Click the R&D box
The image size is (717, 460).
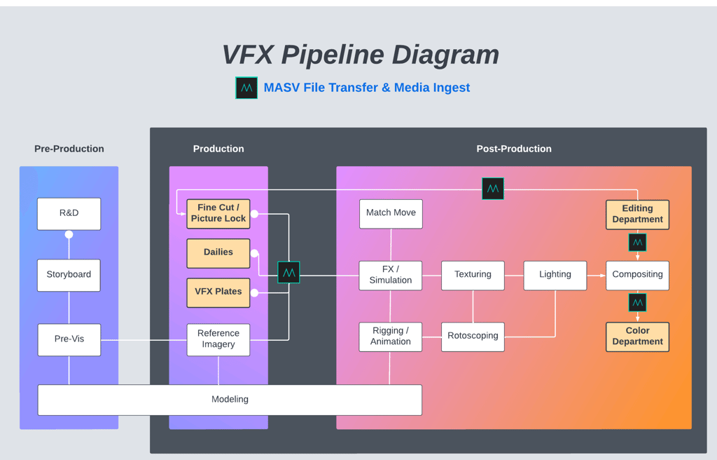[69, 213]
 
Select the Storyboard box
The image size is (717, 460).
[69, 274]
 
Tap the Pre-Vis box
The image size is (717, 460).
[69, 339]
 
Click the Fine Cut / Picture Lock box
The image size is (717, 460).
[218, 213]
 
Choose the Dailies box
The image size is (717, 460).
[218, 252]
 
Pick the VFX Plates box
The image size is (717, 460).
[218, 292]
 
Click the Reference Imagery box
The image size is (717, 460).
[218, 339]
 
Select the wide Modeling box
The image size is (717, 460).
[230, 400]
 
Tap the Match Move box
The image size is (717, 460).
[391, 213]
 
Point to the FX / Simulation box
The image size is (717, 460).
[391, 275]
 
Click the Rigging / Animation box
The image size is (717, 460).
[391, 337]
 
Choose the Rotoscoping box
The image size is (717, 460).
[473, 337]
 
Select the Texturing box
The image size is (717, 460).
[473, 275]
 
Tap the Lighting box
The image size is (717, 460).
[555, 275]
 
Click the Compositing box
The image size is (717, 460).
[637, 275]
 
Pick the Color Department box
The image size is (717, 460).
[637, 337]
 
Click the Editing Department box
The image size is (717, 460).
[637, 214]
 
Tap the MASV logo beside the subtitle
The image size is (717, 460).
[246, 88]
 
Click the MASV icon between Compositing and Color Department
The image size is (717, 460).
[637, 303]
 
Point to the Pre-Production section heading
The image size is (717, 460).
[69, 149]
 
